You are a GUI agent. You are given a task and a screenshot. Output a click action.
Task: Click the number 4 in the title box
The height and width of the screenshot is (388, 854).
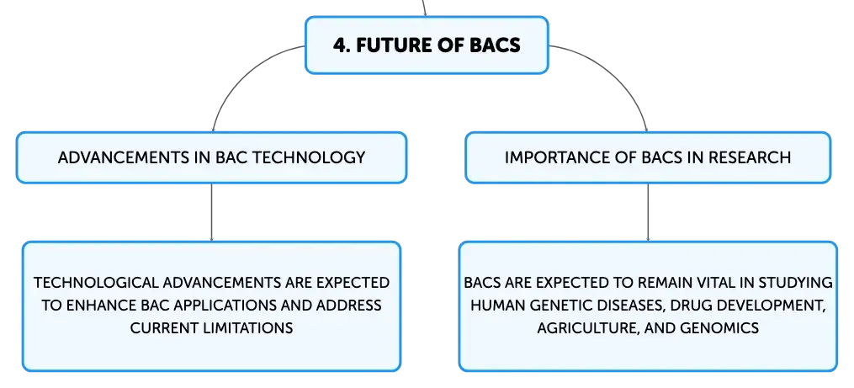[x=339, y=45]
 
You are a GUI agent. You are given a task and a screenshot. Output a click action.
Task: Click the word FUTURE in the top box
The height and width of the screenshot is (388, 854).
[x=393, y=45]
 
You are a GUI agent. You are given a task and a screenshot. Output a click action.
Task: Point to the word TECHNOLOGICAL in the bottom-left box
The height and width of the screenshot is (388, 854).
[x=96, y=283]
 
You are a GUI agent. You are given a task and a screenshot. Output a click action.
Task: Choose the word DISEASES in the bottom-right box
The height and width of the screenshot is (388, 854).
[x=626, y=306]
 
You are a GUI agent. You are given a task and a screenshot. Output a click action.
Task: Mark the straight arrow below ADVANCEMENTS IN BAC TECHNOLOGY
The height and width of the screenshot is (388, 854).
[x=211, y=212]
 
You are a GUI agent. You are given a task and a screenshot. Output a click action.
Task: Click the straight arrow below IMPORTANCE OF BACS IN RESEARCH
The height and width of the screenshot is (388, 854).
[x=648, y=212]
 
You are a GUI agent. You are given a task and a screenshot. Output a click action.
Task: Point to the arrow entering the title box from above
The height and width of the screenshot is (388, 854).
[x=424, y=8]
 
